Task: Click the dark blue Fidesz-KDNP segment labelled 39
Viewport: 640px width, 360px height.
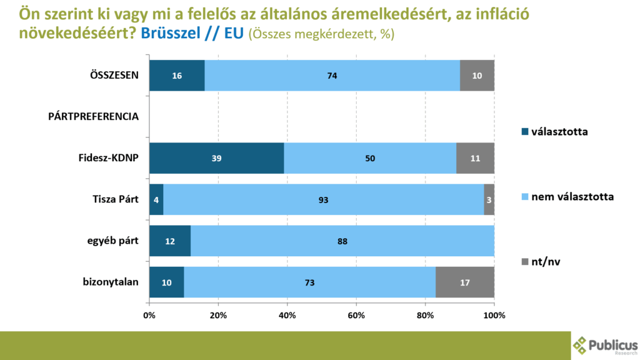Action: [x=216, y=158]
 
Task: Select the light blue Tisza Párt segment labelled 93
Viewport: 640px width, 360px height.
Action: [x=323, y=200]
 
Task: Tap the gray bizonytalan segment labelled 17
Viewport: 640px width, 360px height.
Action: [x=464, y=282]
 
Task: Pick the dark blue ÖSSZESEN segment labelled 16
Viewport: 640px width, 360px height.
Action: [x=177, y=76]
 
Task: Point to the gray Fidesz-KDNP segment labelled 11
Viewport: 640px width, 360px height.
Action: [x=475, y=158]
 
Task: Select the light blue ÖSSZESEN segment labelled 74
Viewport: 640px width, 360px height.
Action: [x=332, y=76]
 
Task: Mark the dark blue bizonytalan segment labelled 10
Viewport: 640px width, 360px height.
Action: [x=166, y=282]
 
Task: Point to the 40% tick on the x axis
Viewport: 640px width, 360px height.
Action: [x=287, y=315]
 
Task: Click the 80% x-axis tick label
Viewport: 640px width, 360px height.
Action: [x=425, y=315]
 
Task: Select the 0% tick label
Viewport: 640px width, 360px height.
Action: [x=149, y=315]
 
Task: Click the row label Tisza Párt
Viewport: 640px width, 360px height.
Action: [x=111, y=200]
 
